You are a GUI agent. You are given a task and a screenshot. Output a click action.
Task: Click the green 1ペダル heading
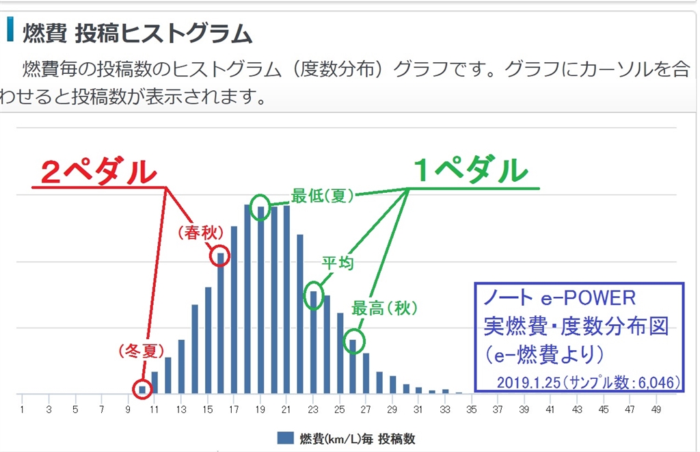click(x=471, y=170)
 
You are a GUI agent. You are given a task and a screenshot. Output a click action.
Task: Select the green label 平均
click(x=338, y=263)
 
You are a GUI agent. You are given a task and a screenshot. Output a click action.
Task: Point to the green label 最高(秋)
click(x=384, y=308)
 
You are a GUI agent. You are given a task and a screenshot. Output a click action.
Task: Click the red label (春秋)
click(x=200, y=232)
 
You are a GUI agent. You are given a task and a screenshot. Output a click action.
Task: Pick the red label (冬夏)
click(x=142, y=351)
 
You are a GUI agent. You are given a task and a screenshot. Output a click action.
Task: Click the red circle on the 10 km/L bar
click(x=142, y=380)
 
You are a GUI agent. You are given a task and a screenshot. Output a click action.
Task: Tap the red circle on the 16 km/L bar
click(x=219, y=247)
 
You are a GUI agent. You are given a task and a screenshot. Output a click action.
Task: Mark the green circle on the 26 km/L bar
click(x=354, y=330)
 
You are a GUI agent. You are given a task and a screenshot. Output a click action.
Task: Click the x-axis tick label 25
click(x=339, y=410)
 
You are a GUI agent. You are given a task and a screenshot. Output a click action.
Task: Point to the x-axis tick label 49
click(x=656, y=410)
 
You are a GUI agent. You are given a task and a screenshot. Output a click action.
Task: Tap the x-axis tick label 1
click(x=22, y=410)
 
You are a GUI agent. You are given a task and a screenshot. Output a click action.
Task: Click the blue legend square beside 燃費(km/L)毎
click(x=285, y=438)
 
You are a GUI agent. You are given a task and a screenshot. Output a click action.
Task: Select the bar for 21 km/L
click(x=286, y=300)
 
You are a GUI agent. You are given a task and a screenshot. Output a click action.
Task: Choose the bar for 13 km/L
click(x=181, y=367)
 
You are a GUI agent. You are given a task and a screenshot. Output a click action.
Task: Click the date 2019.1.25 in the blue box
click(x=528, y=383)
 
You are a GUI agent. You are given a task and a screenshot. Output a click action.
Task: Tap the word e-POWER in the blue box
click(x=588, y=298)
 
